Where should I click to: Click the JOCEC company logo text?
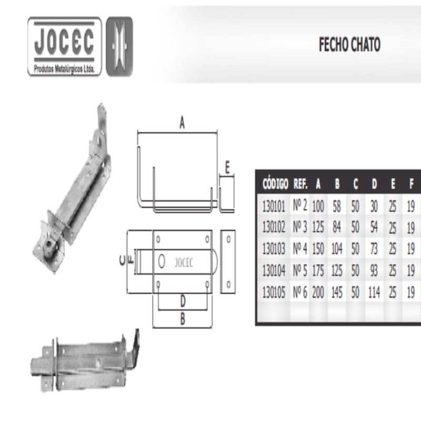click(64, 42)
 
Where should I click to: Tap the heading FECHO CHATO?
click(349, 45)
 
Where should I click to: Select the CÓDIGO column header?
click(275, 184)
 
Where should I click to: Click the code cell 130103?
click(274, 248)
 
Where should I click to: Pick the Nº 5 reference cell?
click(299, 270)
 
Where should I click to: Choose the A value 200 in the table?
click(318, 292)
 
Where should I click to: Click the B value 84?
click(337, 227)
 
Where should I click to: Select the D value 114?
click(374, 292)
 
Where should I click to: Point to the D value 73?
click(374, 248)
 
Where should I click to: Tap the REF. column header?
click(300, 184)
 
